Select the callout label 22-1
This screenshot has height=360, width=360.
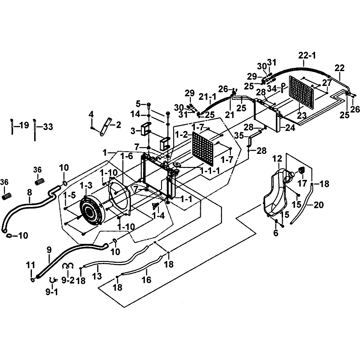[x=307, y=55]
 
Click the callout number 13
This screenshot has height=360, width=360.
[x=97, y=276]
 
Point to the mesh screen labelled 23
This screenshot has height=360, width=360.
[x=301, y=92]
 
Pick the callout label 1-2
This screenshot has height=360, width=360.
[x=182, y=135]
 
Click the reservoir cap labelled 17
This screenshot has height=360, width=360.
[x=301, y=171]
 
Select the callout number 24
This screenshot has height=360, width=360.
[x=290, y=128]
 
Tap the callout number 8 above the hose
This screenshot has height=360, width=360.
[x=29, y=193]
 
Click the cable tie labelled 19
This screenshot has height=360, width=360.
[x=12, y=127]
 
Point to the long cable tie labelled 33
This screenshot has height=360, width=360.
[x=35, y=130]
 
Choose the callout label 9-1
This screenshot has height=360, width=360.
[x=52, y=292]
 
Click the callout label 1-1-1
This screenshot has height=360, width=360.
[x=210, y=171]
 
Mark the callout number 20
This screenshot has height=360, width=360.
[x=319, y=205]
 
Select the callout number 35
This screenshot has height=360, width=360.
[x=239, y=135]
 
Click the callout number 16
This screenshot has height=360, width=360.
[x=147, y=279]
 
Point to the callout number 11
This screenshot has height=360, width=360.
[x=30, y=265]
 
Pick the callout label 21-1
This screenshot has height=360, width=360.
[x=207, y=97]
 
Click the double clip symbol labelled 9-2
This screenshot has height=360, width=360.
[x=68, y=266]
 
